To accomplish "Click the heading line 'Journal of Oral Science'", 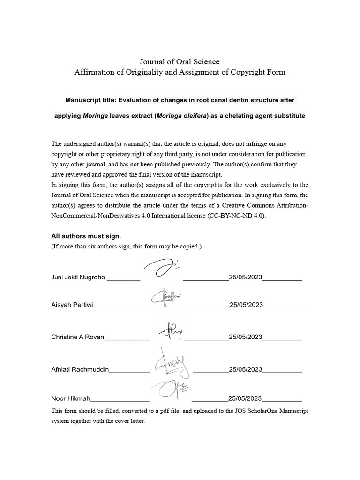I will pos(180,61).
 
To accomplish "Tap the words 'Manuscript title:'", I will pos(90,100).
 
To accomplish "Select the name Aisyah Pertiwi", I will pos(72,305).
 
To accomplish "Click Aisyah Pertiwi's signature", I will pos(166,298).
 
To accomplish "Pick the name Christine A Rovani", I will pos(78,337).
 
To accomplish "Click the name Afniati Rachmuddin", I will pos(80,369).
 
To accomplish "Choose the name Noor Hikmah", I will pos(70,399).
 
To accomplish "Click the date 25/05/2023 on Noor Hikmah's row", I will pos(245,399).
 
